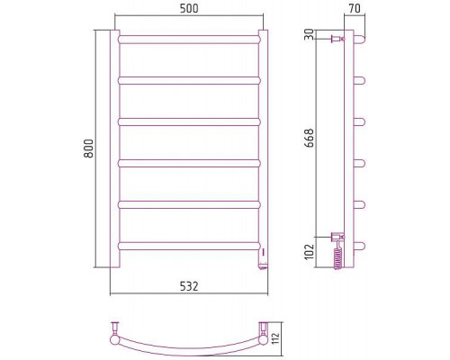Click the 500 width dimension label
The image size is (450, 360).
point(189,8)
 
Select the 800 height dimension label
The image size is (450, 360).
point(89,148)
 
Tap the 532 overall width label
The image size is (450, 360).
point(189,286)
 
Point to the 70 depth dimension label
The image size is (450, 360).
point(355,8)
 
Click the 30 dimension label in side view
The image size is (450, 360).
point(309,34)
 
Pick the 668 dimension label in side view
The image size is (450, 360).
point(309,138)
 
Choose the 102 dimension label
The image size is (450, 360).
point(309,251)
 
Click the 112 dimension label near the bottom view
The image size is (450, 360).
point(276,338)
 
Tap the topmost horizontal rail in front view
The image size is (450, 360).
point(189,40)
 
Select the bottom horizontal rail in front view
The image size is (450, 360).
point(189,246)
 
